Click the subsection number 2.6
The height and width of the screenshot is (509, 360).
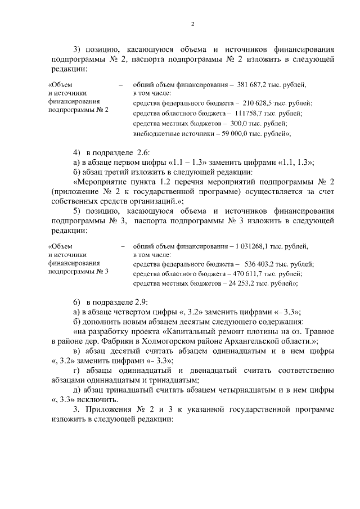pyautogui.click(x=139, y=153)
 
